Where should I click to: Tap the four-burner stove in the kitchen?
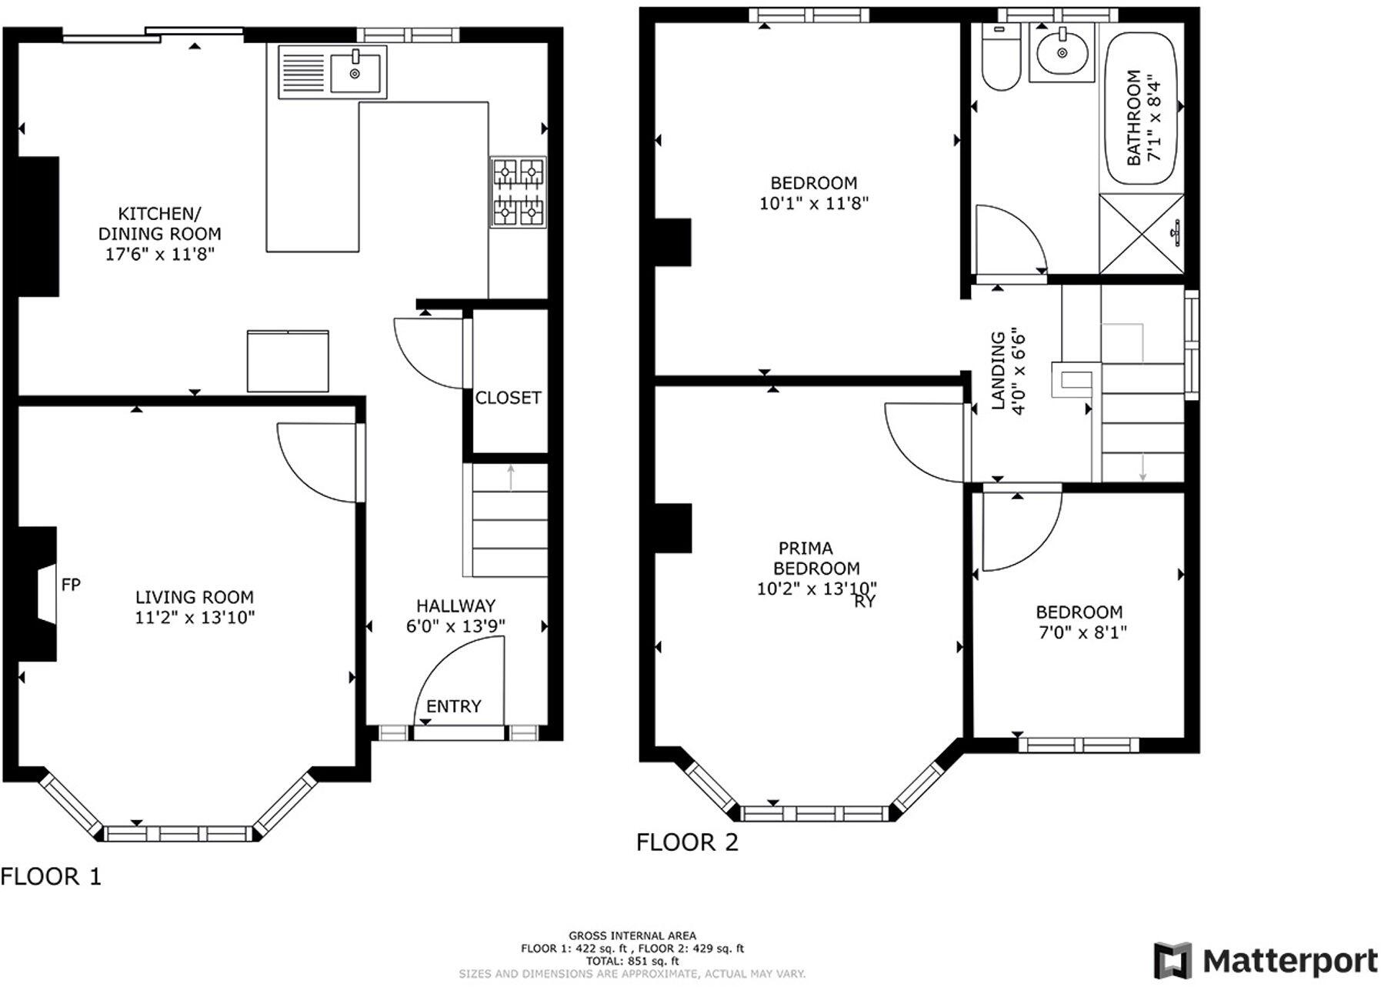[x=518, y=192]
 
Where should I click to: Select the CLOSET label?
[x=508, y=398]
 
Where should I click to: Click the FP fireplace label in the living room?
[x=71, y=585]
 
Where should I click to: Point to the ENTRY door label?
[x=454, y=706]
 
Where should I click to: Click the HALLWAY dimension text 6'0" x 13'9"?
[x=455, y=626]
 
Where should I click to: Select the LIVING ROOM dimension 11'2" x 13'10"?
[x=195, y=617]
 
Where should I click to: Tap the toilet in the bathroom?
[x=1000, y=60]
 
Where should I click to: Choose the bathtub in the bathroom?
[x=1142, y=108]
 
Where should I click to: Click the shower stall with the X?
[x=1141, y=234]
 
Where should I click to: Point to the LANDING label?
[x=998, y=370]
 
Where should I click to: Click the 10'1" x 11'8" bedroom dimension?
[x=814, y=203]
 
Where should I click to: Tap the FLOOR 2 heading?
[x=687, y=842]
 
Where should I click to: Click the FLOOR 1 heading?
[x=51, y=876]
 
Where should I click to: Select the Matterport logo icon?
[x=1173, y=961]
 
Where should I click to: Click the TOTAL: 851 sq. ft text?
[x=632, y=961]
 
